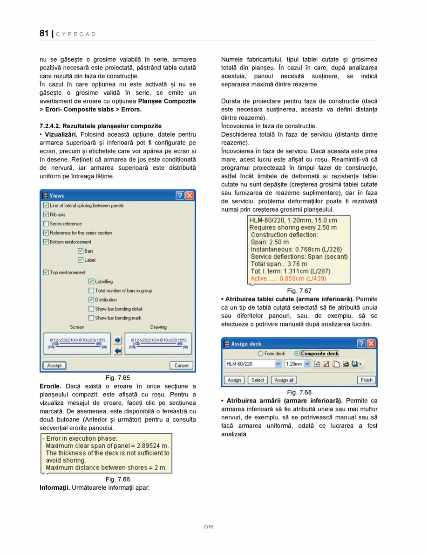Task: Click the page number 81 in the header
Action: click(x=44, y=34)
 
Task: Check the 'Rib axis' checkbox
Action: click(x=46, y=215)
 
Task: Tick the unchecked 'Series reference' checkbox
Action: click(x=46, y=224)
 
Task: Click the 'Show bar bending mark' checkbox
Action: click(x=91, y=318)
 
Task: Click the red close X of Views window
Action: click(x=190, y=196)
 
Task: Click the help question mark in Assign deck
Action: click(x=361, y=344)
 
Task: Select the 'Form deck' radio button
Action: click(x=260, y=354)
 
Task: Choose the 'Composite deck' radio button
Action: click(x=297, y=354)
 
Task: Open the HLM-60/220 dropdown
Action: click(x=279, y=364)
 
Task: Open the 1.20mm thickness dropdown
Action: click(x=307, y=364)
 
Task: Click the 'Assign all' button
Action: click(x=284, y=380)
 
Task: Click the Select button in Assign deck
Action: click(x=258, y=380)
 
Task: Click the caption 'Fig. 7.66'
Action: click(x=117, y=479)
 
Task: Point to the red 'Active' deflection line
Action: click(x=288, y=278)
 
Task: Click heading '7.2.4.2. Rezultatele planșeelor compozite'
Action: click(x=101, y=126)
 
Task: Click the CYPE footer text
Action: click(x=208, y=527)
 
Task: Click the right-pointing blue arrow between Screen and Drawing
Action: click(x=118, y=340)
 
